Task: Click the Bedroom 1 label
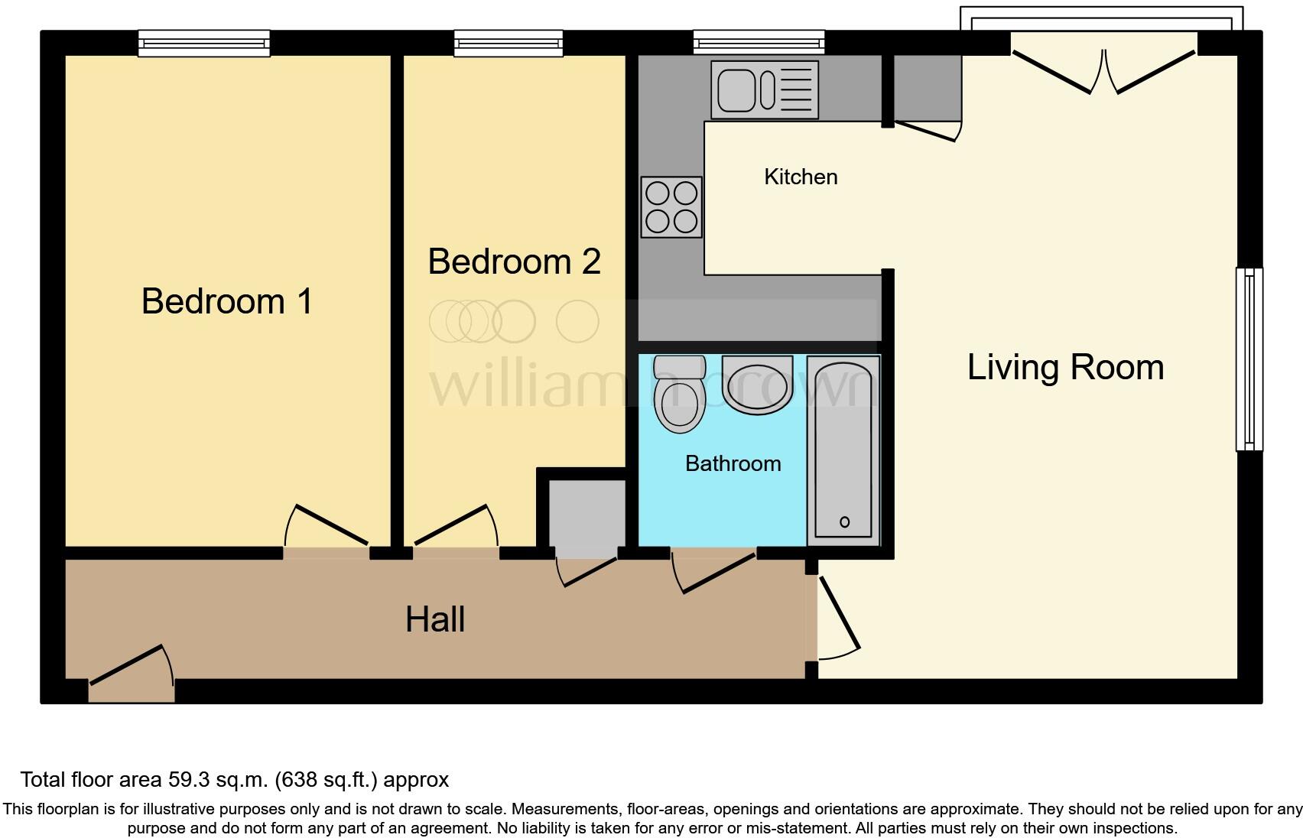coord(227,300)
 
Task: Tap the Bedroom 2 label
coord(514,261)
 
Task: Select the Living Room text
coord(1065,367)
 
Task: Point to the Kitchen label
coord(801,177)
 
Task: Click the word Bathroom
coord(733,463)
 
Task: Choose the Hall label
coord(434,619)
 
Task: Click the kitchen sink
coord(764,90)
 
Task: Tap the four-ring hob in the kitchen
coord(671,207)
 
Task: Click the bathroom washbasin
coord(757,385)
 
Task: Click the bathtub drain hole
coord(844,522)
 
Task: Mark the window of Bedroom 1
coord(204,44)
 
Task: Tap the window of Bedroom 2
coord(509,44)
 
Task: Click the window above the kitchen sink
coord(759,43)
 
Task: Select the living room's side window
coord(1249,359)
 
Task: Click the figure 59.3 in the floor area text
coord(187,780)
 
